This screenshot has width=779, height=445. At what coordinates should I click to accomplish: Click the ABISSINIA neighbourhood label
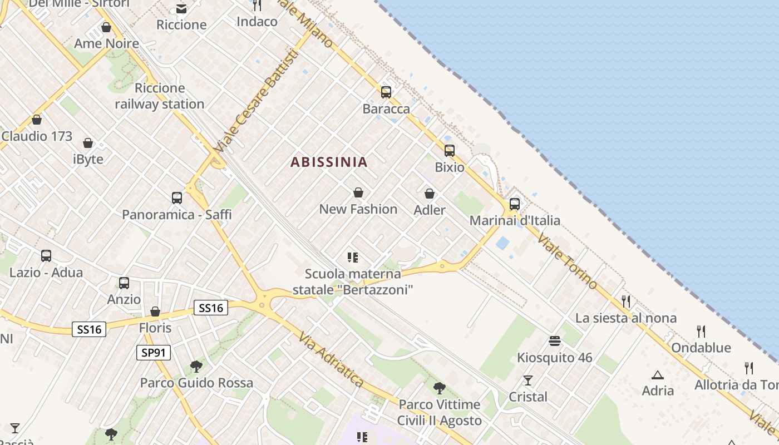329,162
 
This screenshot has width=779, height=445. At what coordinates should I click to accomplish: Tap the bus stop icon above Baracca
386,92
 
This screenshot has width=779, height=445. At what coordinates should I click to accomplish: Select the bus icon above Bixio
449,150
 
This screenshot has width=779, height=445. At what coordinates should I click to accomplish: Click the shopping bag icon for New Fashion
358,192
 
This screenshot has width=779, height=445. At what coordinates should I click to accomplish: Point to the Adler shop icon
430,194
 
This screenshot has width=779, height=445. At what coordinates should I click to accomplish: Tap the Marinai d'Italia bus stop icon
515,204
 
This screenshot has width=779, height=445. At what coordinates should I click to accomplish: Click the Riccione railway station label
160,96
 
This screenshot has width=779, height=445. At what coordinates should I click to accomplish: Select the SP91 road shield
153,353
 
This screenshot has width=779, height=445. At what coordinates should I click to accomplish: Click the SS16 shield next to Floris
211,308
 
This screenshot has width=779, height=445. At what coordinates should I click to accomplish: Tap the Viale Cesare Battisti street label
255,103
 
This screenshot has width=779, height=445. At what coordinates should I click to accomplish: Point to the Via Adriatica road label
331,360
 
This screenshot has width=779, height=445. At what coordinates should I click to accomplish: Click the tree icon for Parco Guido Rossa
196,366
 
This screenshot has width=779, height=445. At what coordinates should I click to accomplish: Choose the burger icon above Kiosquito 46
554,340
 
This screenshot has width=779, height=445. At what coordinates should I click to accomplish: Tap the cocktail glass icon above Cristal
527,380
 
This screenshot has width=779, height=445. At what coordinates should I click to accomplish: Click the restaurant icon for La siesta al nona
626,301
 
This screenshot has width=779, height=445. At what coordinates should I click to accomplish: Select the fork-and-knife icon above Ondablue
701,332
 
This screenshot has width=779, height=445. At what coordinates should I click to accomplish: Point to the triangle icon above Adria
658,375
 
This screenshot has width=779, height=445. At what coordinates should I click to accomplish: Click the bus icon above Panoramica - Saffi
177,197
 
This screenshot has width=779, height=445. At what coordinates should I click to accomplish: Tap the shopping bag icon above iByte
88,143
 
